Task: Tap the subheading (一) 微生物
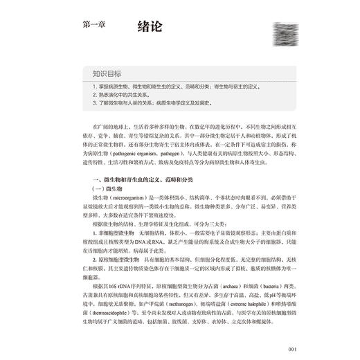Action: pos(98,188)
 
